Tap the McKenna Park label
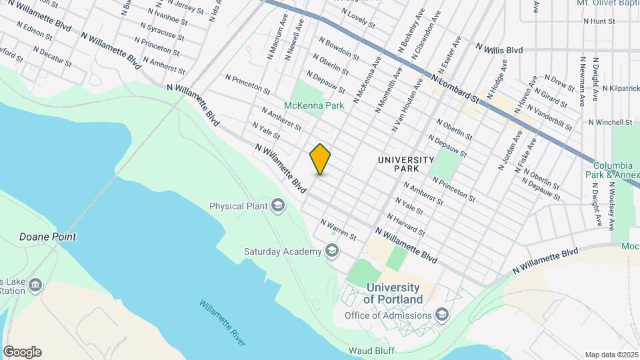tap(314, 105)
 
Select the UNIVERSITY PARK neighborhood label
tap(405, 165)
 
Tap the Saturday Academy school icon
tap(331, 251)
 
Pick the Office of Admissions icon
tap(441, 315)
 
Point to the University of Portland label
tap(393, 293)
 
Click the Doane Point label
tap(47, 237)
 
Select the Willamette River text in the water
tap(223, 322)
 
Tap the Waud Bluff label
tap(372, 351)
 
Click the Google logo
tap(22, 351)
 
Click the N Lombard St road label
tap(456, 88)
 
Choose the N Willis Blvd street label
tap(499, 49)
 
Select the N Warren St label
tap(338, 229)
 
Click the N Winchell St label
tap(610, 122)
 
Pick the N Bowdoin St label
tap(339, 48)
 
